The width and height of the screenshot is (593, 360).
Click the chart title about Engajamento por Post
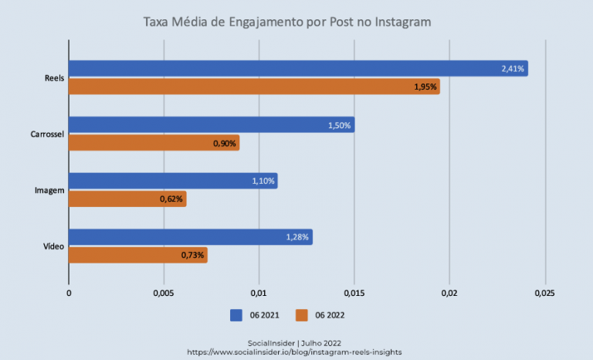tap(287, 22)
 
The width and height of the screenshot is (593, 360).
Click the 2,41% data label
tap(513, 69)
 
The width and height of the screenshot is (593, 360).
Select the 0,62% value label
tap(171, 199)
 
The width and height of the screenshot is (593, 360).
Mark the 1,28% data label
tap(297, 237)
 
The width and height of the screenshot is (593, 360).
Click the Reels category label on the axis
tap(55, 78)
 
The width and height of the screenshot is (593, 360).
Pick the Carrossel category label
tap(46, 134)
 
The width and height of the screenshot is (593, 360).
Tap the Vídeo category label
tap(53, 246)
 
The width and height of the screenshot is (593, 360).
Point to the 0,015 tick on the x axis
tap(354, 294)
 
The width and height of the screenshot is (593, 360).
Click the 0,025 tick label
tap(544, 294)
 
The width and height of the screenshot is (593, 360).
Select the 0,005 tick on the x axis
tap(164, 294)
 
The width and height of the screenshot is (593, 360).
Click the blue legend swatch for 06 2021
tap(237, 315)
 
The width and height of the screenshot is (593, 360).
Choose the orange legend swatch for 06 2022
tap(302, 315)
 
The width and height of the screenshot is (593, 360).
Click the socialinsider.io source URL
tap(294, 352)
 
